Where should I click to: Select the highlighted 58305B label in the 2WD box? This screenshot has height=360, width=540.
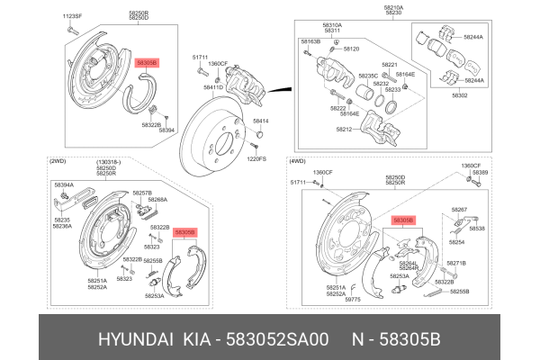pos(184,232)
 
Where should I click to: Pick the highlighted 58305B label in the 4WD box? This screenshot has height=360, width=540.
pos(402,220)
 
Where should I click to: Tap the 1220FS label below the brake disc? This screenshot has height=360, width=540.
pos(257,158)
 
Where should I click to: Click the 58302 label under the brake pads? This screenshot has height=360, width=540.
pos(460,94)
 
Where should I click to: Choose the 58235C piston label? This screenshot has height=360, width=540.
pos(368,76)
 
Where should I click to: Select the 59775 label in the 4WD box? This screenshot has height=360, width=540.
pos(351,300)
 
